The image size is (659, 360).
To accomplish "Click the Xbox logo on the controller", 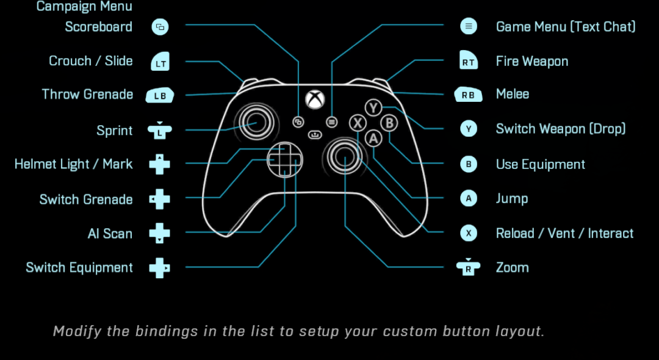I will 315,99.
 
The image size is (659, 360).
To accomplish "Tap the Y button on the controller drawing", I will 373,108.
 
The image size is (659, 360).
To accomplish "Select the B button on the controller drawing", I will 389,123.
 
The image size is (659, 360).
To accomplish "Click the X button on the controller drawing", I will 358,123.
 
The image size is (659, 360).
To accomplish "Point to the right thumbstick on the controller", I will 345,157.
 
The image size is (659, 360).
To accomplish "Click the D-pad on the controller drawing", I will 284,158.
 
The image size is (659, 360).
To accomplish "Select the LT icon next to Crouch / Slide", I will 160,62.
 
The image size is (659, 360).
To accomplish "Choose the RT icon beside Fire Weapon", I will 469,61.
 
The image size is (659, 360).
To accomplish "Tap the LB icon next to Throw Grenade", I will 160,95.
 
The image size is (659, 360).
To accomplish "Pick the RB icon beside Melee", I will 469,95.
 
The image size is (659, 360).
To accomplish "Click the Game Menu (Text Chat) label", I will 566,27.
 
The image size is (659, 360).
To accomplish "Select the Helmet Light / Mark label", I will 74,164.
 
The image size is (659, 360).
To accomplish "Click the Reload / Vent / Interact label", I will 564,233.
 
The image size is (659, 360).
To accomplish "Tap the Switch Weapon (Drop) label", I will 561,129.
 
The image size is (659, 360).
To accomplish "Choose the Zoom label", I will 512,267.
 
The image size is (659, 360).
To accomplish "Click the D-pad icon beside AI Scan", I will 160,233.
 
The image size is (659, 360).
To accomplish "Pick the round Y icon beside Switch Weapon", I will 469,129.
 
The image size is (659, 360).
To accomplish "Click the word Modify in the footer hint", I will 76,331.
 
